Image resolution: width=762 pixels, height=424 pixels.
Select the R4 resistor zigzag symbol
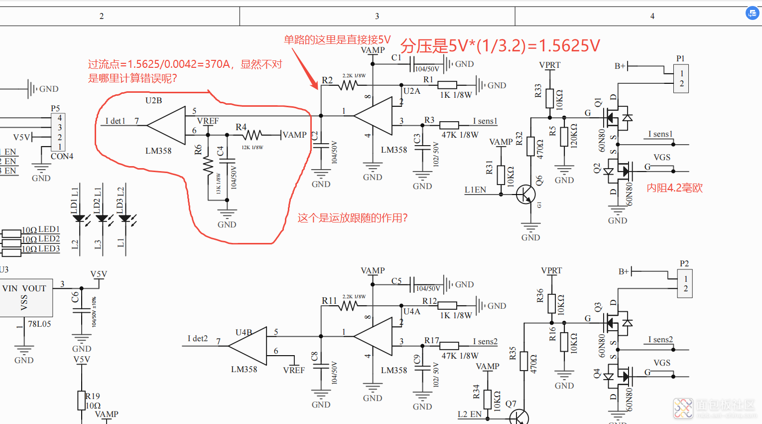(x=253, y=135)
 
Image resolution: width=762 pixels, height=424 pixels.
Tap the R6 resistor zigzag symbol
(x=209, y=165)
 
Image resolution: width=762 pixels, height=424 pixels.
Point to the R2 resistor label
(x=327, y=80)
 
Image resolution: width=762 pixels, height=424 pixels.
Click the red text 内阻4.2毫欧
(x=674, y=188)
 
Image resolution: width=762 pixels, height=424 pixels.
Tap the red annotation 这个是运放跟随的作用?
(x=353, y=218)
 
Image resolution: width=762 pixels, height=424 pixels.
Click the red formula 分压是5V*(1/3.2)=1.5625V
(x=500, y=46)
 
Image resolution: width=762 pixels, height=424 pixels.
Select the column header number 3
(x=377, y=16)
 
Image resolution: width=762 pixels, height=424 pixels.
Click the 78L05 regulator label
(x=39, y=324)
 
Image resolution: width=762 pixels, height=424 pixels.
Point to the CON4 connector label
(x=62, y=156)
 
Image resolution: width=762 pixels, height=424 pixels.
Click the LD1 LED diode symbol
(x=79, y=218)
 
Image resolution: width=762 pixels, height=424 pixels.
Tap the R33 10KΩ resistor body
(x=549, y=98)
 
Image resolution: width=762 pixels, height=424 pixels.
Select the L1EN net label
(x=475, y=190)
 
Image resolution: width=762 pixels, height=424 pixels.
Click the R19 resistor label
(x=93, y=396)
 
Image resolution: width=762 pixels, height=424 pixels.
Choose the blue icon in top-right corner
(x=752, y=13)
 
